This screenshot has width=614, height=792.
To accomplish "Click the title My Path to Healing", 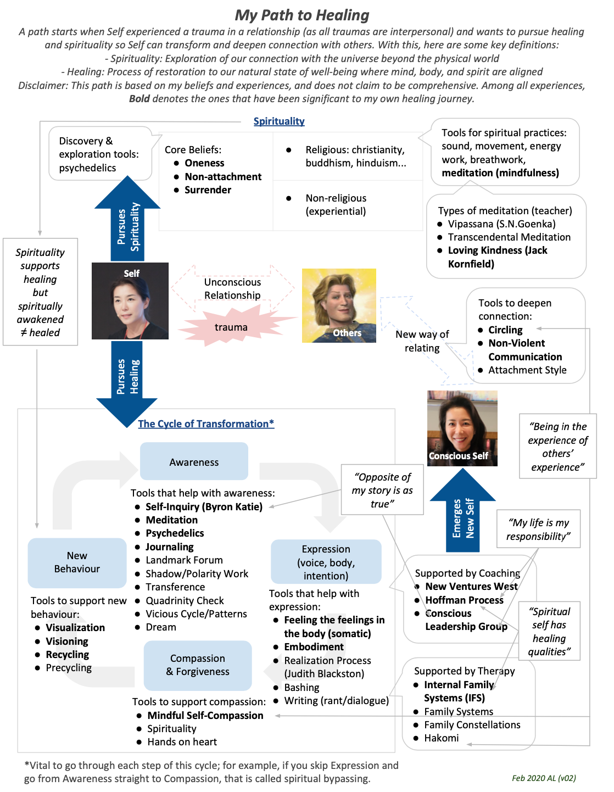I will pos(302,15).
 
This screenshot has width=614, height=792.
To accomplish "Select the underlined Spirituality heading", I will pos(279,121).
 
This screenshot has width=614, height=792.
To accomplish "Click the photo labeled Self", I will pos(130,301).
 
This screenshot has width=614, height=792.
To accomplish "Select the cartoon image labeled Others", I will pos(339,305).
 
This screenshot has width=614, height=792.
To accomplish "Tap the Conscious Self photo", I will pos(462,428).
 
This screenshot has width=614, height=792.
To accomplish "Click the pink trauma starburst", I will pos(231,327).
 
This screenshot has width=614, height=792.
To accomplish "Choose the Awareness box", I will pos(194,462).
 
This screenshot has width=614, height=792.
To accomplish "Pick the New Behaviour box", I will pos(77,562).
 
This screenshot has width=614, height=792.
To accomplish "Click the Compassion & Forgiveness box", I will pos(198,665).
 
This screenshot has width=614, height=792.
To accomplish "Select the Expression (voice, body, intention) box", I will pos(326,562).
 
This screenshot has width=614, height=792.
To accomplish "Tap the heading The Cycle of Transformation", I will pos(205,424).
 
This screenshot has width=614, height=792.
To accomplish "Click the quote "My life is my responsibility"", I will pos(538,529).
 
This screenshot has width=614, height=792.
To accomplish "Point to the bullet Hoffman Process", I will pos(464,600).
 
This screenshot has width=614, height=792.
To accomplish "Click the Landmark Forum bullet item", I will pos(184,560).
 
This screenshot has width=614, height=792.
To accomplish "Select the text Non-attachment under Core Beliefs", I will pos(223,177).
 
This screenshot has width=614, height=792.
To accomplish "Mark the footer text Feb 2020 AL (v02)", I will pos(544,778).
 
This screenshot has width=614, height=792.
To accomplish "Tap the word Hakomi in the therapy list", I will pos(441,738).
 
